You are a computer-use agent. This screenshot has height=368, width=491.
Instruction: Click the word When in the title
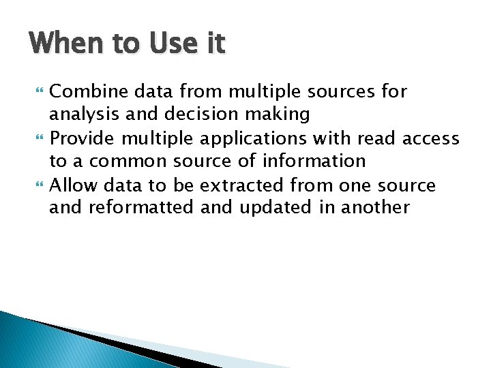pos(63,44)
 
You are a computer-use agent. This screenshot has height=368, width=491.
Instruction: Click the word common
pos(127,161)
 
